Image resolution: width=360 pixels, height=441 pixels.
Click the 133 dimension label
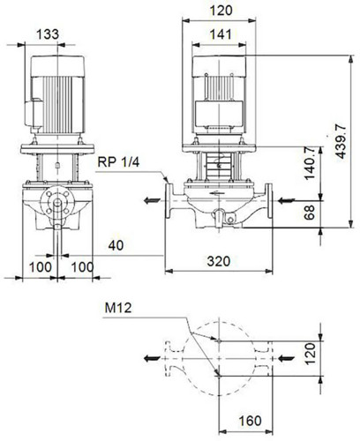48,34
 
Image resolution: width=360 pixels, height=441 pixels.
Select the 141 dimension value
221,34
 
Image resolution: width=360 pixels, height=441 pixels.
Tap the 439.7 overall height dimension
341,141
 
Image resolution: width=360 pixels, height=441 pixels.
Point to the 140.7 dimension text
309,163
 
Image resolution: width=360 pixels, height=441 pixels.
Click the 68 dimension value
309,213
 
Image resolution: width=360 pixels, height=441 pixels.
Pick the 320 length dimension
219,261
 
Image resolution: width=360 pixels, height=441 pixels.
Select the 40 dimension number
116,245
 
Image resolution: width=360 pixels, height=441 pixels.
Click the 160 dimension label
250,421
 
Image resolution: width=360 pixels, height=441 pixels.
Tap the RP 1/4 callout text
118,162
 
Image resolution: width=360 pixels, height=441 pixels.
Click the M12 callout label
118,308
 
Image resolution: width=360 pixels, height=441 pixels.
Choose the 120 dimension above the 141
221,11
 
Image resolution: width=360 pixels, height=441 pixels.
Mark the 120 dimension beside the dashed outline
310,354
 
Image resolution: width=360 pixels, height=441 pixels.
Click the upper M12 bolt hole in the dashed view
218,341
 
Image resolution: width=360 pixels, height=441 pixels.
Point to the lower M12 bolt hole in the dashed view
218,375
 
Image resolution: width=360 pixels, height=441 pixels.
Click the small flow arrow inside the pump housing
218,193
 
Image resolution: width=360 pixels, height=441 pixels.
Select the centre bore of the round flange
57,202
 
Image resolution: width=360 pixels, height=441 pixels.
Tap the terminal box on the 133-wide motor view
34,114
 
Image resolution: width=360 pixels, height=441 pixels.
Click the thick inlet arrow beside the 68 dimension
286,201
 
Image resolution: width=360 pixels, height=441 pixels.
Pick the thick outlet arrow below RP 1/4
152,201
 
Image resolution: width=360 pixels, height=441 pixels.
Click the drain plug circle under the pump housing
230,220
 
